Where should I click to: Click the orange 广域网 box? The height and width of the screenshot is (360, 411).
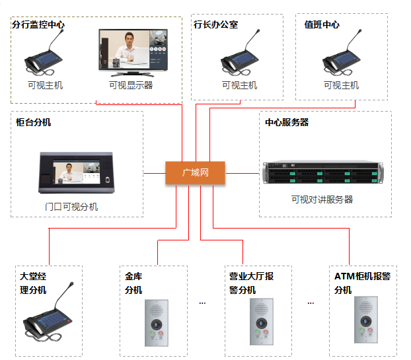195,173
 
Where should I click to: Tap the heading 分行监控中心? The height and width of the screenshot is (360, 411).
38,24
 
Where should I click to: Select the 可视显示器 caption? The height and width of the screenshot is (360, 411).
131,86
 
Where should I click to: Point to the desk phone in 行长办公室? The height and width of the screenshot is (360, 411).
239,58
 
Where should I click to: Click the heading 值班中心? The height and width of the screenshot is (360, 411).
322,24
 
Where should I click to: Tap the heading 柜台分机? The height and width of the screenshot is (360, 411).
34,122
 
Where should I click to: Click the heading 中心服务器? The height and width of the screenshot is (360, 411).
287,122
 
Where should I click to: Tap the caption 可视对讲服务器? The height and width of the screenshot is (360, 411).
322,199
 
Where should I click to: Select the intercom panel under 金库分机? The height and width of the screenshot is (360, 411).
157,322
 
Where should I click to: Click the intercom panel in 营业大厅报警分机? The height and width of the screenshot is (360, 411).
260,322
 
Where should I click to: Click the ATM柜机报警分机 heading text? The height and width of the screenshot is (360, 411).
362,283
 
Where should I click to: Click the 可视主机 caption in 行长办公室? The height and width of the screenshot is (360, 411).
239,86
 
